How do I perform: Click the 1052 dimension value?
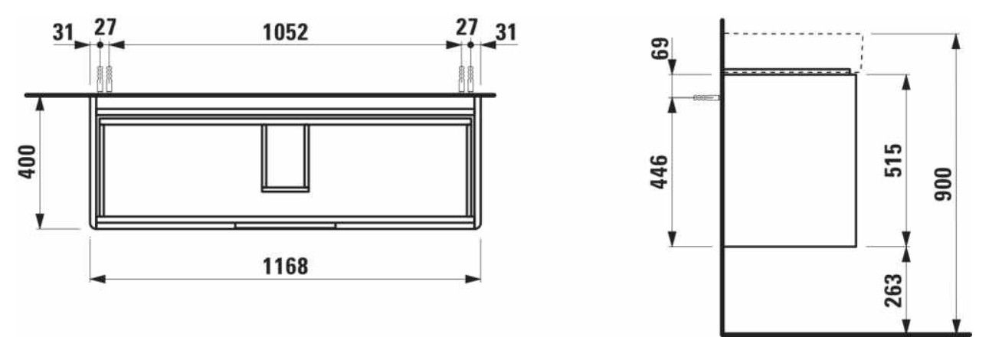point(285,32)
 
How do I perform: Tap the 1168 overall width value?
point(285,267)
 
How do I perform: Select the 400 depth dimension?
point(28,162)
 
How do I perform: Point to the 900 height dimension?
point(944,184)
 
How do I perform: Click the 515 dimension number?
point(894,160)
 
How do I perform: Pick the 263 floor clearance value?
point(894,290)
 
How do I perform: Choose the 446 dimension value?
point(660,172)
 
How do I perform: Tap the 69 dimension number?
point(660,48)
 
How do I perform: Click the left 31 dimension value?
point(63,32)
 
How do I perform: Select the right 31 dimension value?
point(506,32)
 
